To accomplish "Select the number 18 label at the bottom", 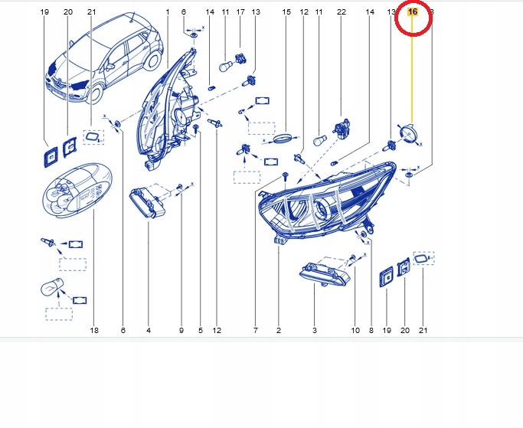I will coord(94,330).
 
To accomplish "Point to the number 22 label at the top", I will coord(342,12).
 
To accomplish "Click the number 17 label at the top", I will coord(240,12).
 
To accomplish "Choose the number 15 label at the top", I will coord(286,12).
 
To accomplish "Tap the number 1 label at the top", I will coord(168,12).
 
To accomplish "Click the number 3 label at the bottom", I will coord(314,330).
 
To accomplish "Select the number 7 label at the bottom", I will coord(256,330).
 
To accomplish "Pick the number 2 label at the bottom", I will coord(278,330).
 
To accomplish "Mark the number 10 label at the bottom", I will coord(355,330).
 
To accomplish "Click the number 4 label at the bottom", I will coord(149,330).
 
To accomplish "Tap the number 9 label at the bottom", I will coord(181,330).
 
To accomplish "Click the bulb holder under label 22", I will coord(342,127).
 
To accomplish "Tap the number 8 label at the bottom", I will coord(371,330).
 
